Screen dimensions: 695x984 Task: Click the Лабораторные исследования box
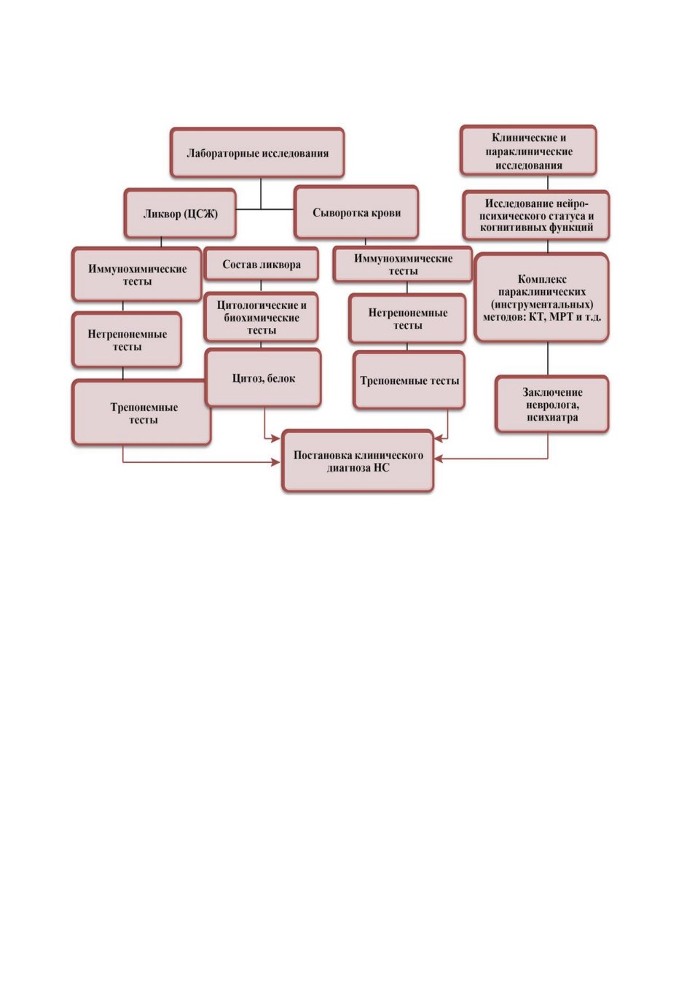point(257,153)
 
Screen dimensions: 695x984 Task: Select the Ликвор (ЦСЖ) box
point(180,214)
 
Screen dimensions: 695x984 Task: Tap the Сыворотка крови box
point(356,212)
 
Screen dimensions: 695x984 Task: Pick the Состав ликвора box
point(262,264)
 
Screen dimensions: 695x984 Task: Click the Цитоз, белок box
point(263,378)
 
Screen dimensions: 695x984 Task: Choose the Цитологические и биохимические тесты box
point(261,317)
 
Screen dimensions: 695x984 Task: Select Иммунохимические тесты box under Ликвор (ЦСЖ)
point(137,275)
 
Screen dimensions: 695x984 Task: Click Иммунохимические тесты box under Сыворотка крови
point(403,264)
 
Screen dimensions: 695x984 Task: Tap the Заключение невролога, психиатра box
point(552,404)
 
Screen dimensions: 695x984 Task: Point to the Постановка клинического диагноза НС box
point(358,461)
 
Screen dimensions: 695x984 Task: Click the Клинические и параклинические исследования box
point(528,151)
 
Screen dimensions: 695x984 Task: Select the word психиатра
point(552,417)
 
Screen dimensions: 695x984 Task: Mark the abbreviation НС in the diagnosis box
point(382,467)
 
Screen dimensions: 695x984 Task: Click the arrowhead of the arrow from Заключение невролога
point(438,459)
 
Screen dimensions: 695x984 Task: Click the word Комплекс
point(542,279)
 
